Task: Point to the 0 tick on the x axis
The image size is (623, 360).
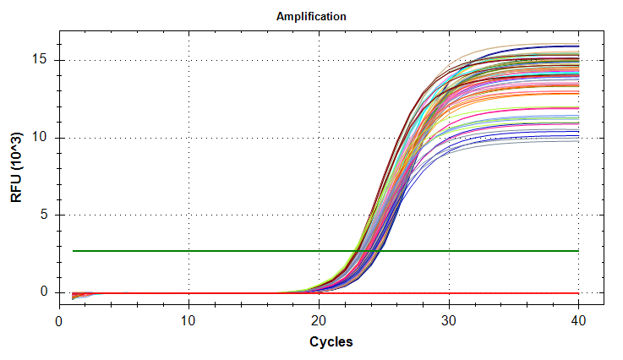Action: (x=58, y=322)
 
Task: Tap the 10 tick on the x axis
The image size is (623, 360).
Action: (x=189, y=322)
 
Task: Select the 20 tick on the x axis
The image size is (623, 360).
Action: (x=319, y=322)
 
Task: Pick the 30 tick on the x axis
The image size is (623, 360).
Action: (x=449, y=322)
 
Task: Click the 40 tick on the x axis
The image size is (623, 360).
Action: (x=579, y=322)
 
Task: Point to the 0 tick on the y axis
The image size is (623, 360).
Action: (x=47, y=292)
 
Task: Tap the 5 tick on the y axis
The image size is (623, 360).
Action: (x=47, y=215)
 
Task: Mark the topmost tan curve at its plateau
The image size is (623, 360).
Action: (x=541, y=45)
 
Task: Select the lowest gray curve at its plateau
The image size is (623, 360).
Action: (x=541, y=140)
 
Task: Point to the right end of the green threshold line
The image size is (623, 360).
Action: (x=578, y=251)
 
